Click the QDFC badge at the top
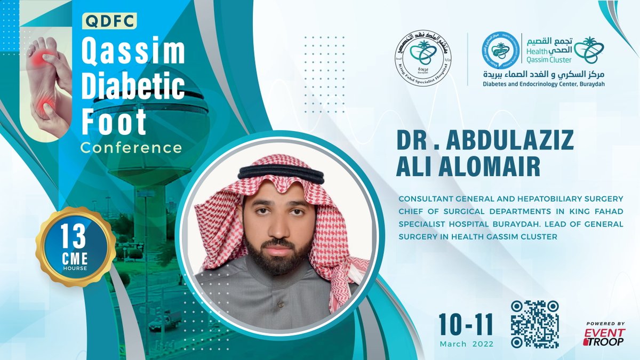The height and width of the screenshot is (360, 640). tap(110, 21)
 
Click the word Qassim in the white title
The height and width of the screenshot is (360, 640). tap(133, 52)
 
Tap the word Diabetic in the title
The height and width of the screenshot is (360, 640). tap(133, 87)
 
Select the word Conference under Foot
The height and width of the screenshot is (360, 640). tap(131, 147)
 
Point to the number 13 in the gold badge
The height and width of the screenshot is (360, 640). tap(75, 234)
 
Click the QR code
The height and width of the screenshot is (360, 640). tap(534, 324)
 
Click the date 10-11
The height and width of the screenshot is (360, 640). tap(466, 324)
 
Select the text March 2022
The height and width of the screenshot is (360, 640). tap(466, 345)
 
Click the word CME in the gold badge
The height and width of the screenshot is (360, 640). tap(75, 259)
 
